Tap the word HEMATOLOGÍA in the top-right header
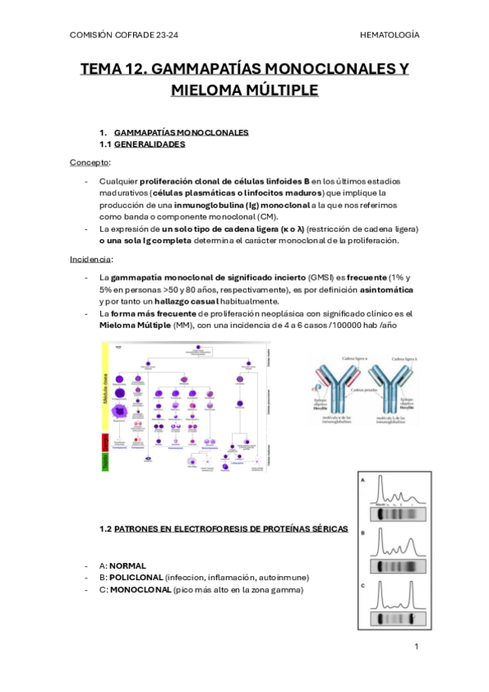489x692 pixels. pyautogui.click(x=389, y=35)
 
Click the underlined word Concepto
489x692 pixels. pyautogui.click(x=89, y=162)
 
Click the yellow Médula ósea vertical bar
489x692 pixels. pyautogui.click(x=105, y=388)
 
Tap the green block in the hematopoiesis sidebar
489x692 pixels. pyautogui.click(x=105, y=463)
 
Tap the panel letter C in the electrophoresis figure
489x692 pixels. pyautogui.click(x=362, y=585)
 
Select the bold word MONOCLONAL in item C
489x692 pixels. pyautogui.click(x=140, y=589)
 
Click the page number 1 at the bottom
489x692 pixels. pyautogui.click(x=416, y=646)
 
